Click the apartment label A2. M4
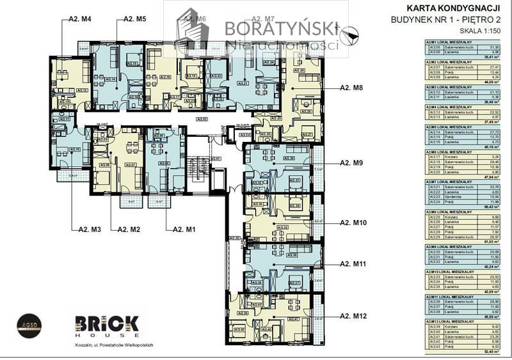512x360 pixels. (80, 20)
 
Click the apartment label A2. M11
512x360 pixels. (354, 263)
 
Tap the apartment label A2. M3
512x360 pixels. (90, 228)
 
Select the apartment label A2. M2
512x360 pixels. (124, 228)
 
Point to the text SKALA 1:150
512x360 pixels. (481, 30)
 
